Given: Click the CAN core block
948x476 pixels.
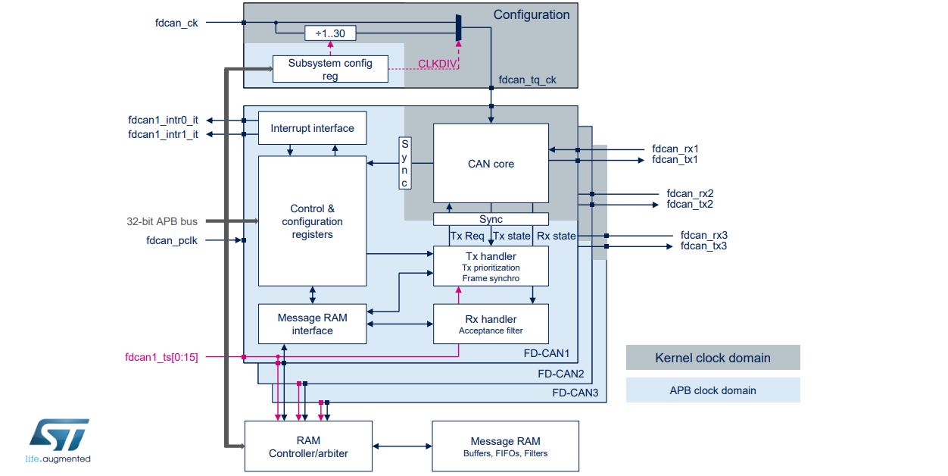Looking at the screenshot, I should [x=491, y=163].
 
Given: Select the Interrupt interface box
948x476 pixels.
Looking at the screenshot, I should [x=312, y=128].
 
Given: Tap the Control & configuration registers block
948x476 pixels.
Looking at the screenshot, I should [x=312, y=221].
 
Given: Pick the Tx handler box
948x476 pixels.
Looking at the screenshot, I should [x=491, y=266].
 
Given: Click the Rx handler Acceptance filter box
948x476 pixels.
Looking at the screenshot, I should [x=491, y=324].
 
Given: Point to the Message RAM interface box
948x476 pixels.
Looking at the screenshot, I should [x=312, y=324].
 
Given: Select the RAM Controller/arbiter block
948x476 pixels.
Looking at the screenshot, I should [x=308, y=446].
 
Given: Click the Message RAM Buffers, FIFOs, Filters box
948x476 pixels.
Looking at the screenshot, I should [x=505, y=446].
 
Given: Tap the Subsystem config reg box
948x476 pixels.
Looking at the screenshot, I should [x=330, y=69].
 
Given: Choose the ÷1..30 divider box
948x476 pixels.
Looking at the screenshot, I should [x=330, y=33].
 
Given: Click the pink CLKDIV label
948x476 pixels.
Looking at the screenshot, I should [x=438, y=64].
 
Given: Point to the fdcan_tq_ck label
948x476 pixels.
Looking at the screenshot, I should [x=528, y=80].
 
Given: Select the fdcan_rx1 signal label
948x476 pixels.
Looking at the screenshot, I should [x=675, y=149].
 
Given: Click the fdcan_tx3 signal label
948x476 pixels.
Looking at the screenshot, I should [x=703, y=246].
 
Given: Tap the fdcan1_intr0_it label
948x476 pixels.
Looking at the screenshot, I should [x=163, y=120].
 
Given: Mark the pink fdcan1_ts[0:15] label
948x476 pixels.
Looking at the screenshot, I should [x=161, y=356].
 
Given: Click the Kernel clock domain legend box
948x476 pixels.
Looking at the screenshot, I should [x=713, y=358].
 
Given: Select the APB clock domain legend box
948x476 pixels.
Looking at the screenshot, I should [x=713, y=390].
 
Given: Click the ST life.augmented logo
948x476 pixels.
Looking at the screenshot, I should [x=59, y=440].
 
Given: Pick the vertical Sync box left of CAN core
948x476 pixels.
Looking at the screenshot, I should [x=405, y=163].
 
